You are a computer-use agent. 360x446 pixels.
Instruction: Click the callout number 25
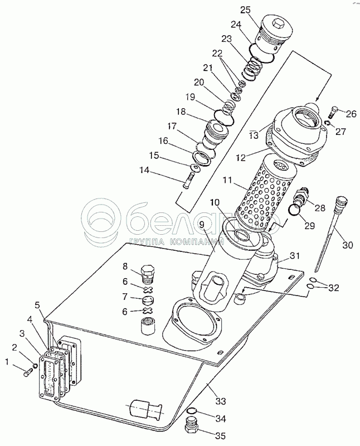[245, 10]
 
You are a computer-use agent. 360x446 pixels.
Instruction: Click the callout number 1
[8, 362]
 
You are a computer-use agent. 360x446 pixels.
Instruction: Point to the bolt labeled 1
[29, 372]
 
